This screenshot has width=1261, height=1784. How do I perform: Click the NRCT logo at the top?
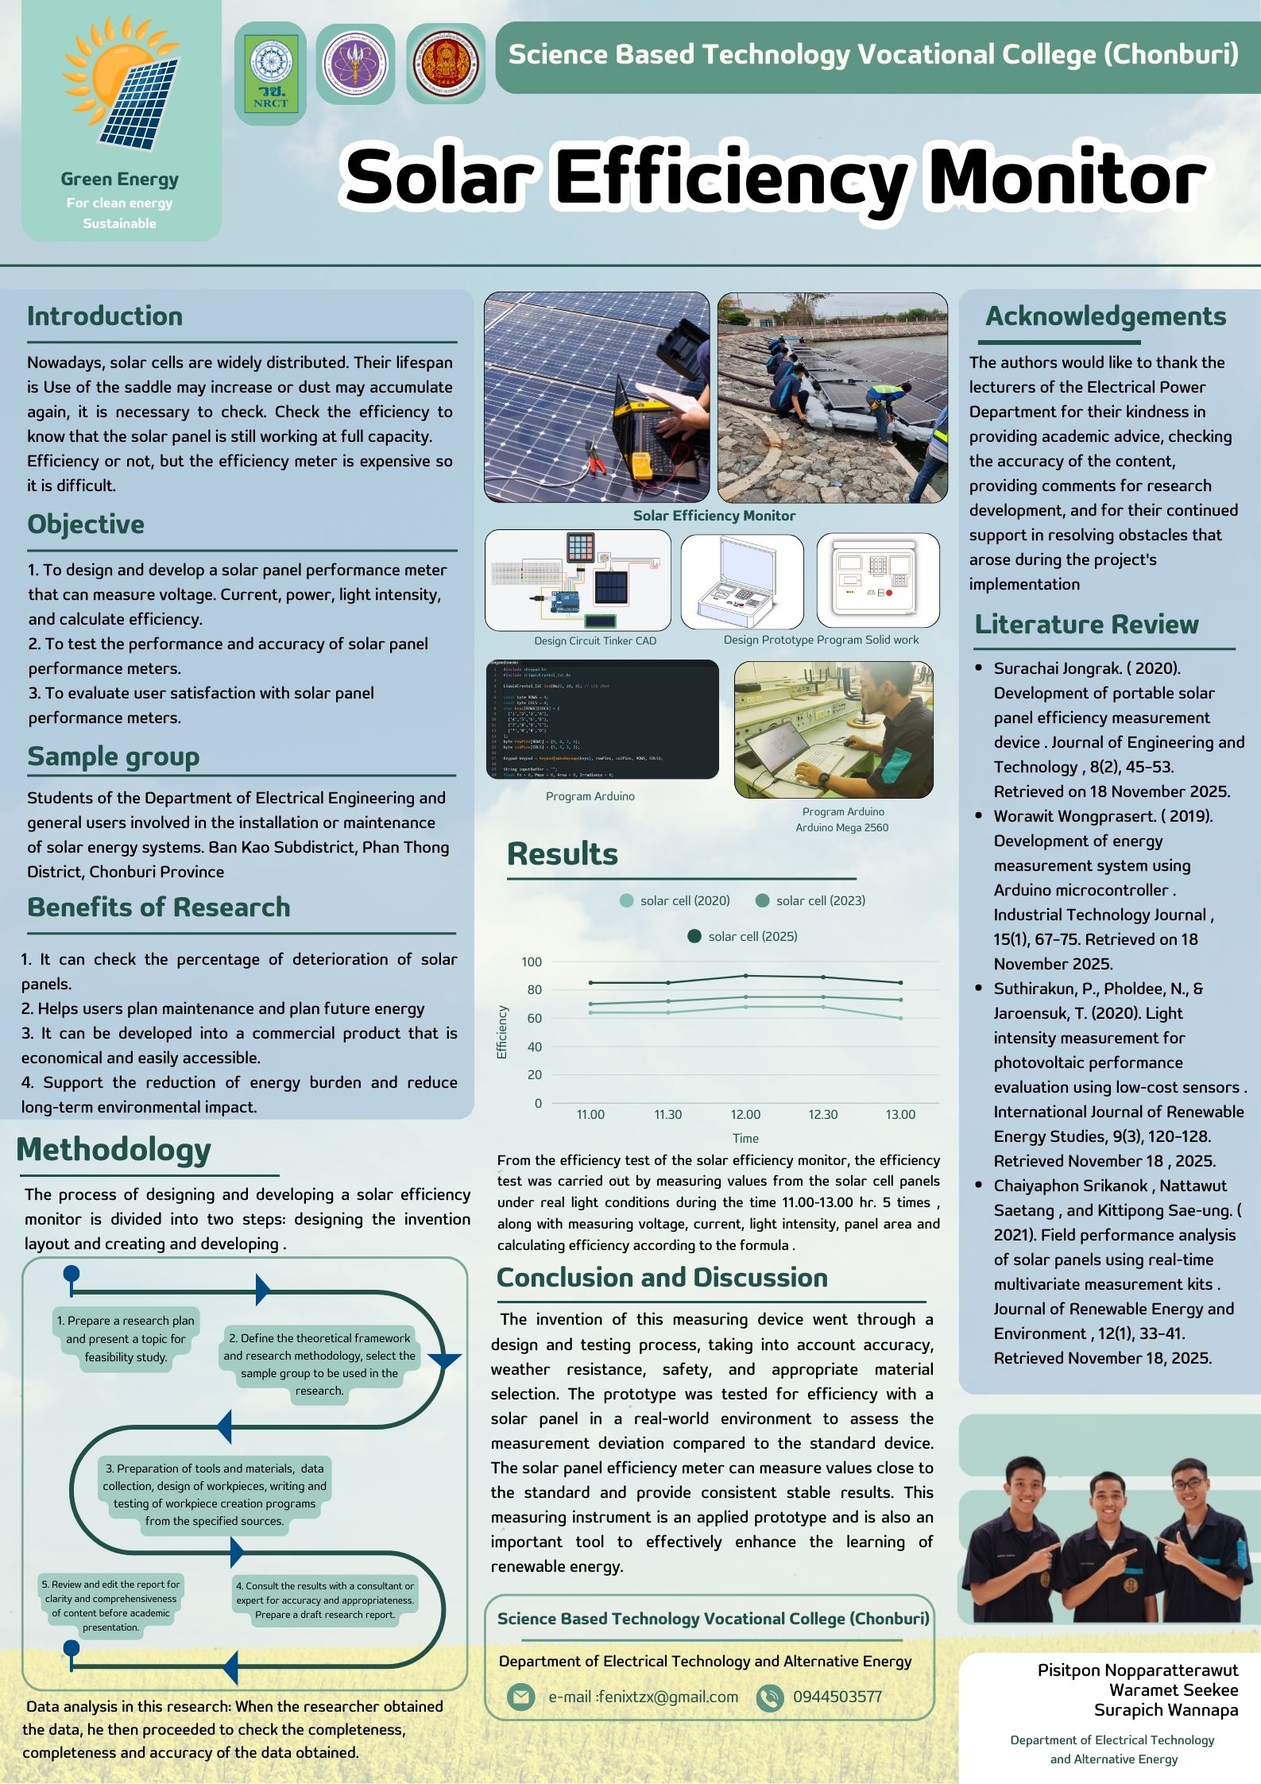coord(271,74)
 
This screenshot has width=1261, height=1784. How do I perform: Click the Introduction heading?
coord(105,316)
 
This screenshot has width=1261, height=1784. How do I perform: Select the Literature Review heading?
coord(1086,625)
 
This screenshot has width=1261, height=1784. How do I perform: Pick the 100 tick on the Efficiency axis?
coord(532,962)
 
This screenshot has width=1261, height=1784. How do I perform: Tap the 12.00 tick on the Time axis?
coord(745,1115)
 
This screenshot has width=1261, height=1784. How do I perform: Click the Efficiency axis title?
coord(502,1031)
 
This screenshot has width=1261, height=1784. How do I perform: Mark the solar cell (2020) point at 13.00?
coord(900,1018)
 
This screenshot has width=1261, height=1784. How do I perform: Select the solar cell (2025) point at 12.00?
coord(745,976)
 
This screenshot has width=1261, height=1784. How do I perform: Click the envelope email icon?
coord(520,1697)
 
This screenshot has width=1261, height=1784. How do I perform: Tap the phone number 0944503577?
coord(837,1697)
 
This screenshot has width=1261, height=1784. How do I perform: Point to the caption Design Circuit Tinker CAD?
coord(595,640)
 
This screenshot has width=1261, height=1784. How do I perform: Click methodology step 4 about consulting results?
coord(325,1600)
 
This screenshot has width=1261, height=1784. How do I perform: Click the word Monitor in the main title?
coord(1066,176)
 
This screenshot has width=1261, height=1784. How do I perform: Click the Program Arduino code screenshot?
coord(602,719)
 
